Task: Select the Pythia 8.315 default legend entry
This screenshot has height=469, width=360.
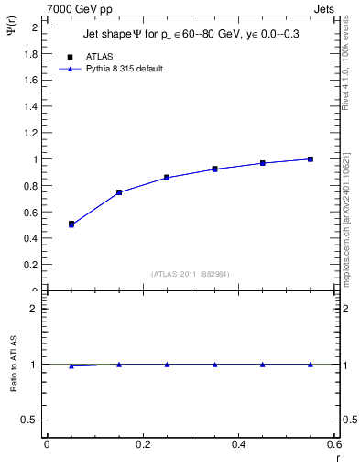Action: point(125,69)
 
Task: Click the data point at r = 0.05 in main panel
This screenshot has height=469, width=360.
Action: point(71,224)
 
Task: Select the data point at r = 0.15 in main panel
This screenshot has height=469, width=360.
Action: point(119,192)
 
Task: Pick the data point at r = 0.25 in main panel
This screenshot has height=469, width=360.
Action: point(167,177)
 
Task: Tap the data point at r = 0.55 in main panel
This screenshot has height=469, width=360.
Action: point(311,159)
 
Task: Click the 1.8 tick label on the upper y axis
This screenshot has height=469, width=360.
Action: point(31,54)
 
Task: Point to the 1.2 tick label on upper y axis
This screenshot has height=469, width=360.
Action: point(31,133)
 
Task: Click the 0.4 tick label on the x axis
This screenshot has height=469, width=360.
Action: point(239,444)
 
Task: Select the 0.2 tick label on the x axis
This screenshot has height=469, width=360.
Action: point(143,444)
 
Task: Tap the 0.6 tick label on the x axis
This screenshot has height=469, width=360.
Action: point(333,444)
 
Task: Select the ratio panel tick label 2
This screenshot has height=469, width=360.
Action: point(34,309)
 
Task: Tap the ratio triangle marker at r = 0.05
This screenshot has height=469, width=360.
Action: point(71,365)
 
